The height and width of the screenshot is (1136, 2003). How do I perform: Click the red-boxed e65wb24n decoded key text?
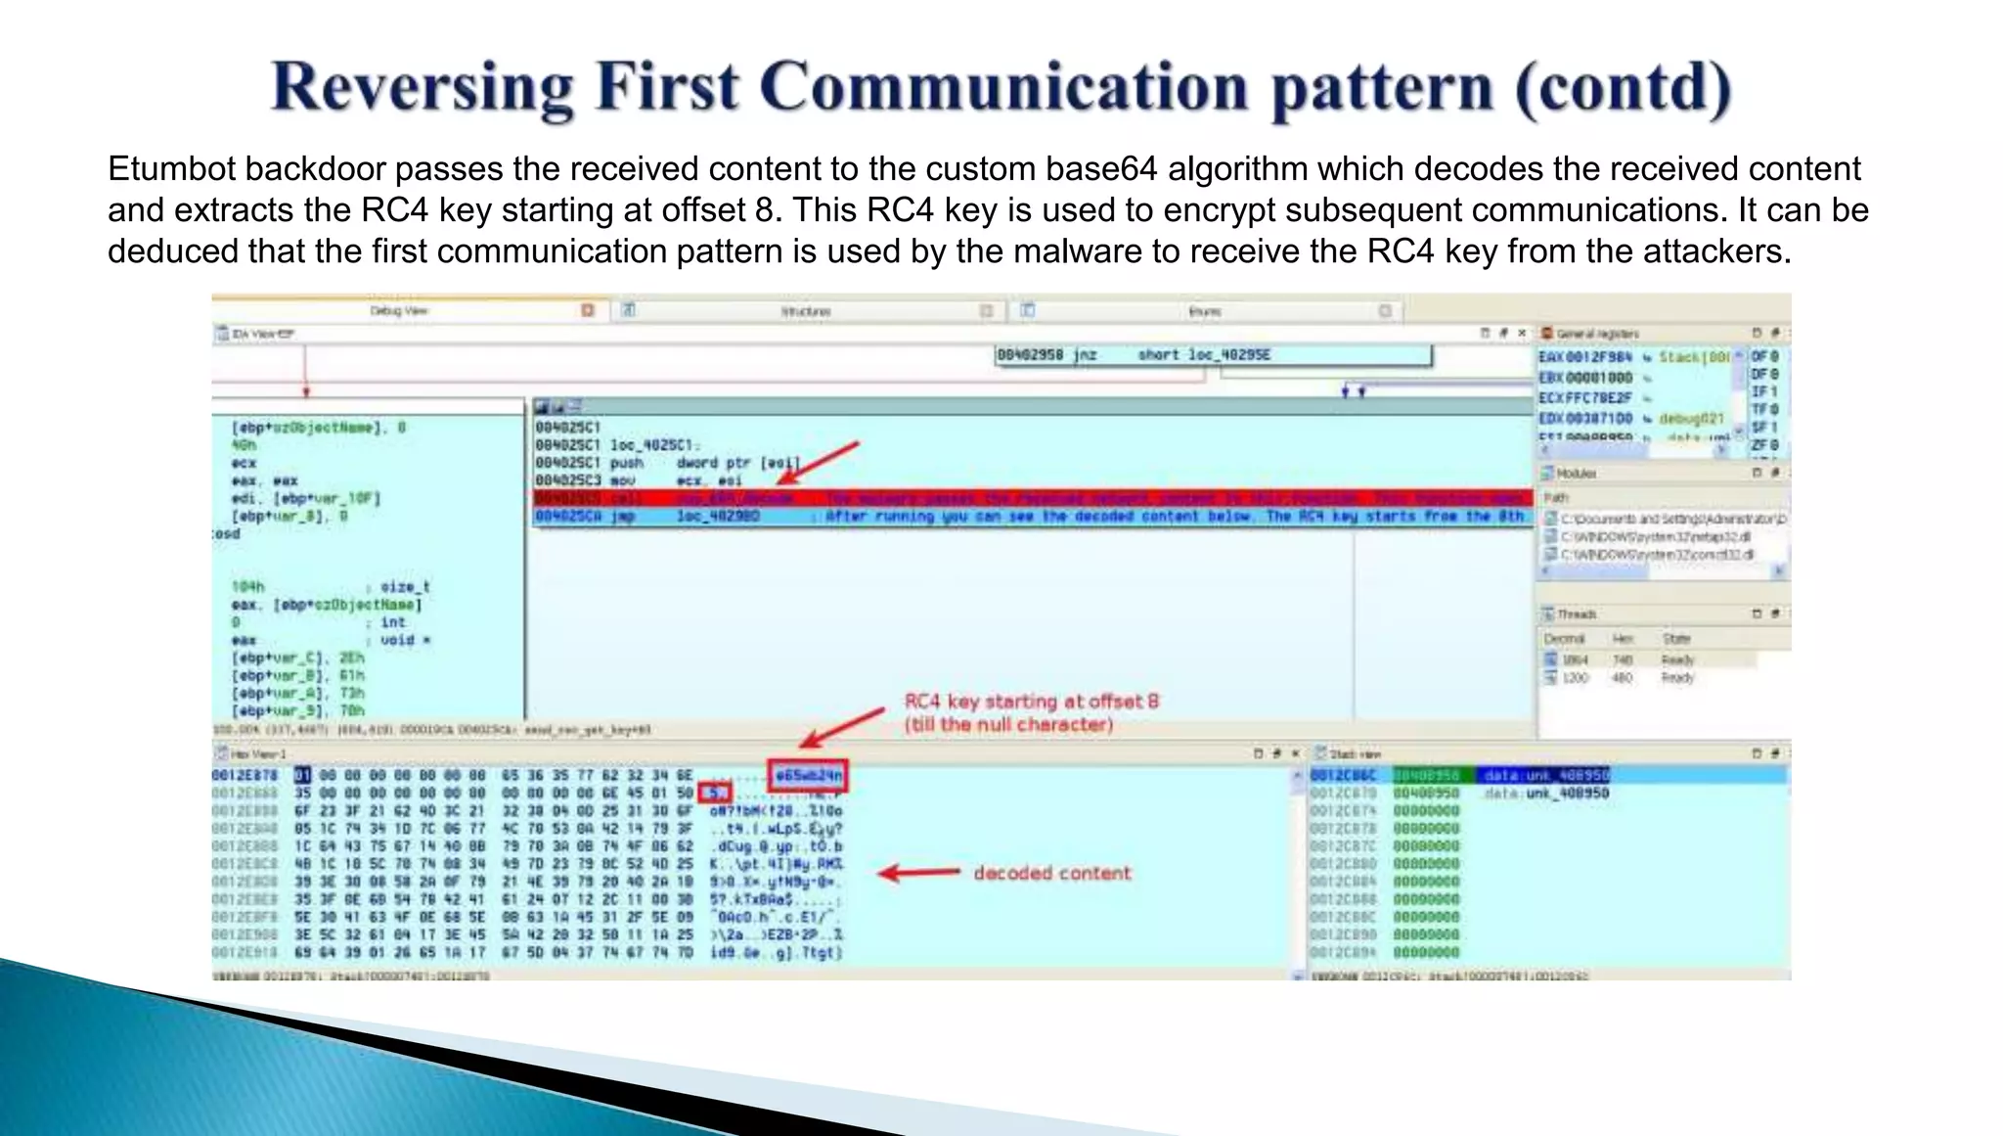pyautogui.click(x=808, y=776)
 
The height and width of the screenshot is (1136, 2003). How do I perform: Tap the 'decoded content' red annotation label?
pyautogui.click(x=1051, y=873)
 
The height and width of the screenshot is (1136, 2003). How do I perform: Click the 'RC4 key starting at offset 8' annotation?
pyautogui.click(x=1031, y=702)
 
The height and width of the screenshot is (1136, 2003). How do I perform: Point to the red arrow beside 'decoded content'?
pyautogui.click(x=919, y=873)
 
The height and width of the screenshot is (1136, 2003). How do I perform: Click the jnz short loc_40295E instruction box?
pyautogui.click(x=1213, y=355)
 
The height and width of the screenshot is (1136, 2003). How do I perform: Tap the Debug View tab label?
pyautogui.click(x=399, y=311)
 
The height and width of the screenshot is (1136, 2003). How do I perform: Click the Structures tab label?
pyautogui.click(x=806, y=311)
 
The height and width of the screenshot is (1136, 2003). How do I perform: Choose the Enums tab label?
pyautogui.click(x=1205, y=311)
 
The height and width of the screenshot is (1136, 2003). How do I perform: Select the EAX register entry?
pyautogui.click(x=1584, y=357)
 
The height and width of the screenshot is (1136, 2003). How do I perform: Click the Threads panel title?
pyautogui.click(x=1577, y=614)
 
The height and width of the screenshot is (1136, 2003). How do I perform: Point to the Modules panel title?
pyautogui.click(x=1576, y=474)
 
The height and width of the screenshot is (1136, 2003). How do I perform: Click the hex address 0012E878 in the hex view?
pyautogui.click(x=245, y=776)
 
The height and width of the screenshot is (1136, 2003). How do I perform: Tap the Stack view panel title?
pyautogui.click(x=1356, y=754)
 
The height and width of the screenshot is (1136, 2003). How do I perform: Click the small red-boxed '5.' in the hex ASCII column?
pyautogui.click(x=716, y=794)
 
